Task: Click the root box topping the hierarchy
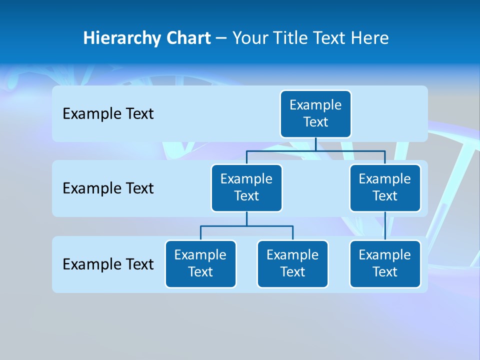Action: tap(315, 114)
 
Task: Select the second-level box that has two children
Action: tap(246, 188)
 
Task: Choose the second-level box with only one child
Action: tap(385, 188)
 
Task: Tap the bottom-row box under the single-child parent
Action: tap(385, 264)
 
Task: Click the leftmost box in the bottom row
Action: tap(200, 264)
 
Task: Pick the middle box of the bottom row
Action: tap(292, 264)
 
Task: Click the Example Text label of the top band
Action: tap(108, 114)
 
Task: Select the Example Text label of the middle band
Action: tap(108, 188)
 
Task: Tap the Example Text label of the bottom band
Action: tap(108, 264)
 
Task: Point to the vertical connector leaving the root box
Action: tap(315, 144)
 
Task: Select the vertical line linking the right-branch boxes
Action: tap(385, 226)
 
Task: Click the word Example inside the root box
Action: tap(315, 105)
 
